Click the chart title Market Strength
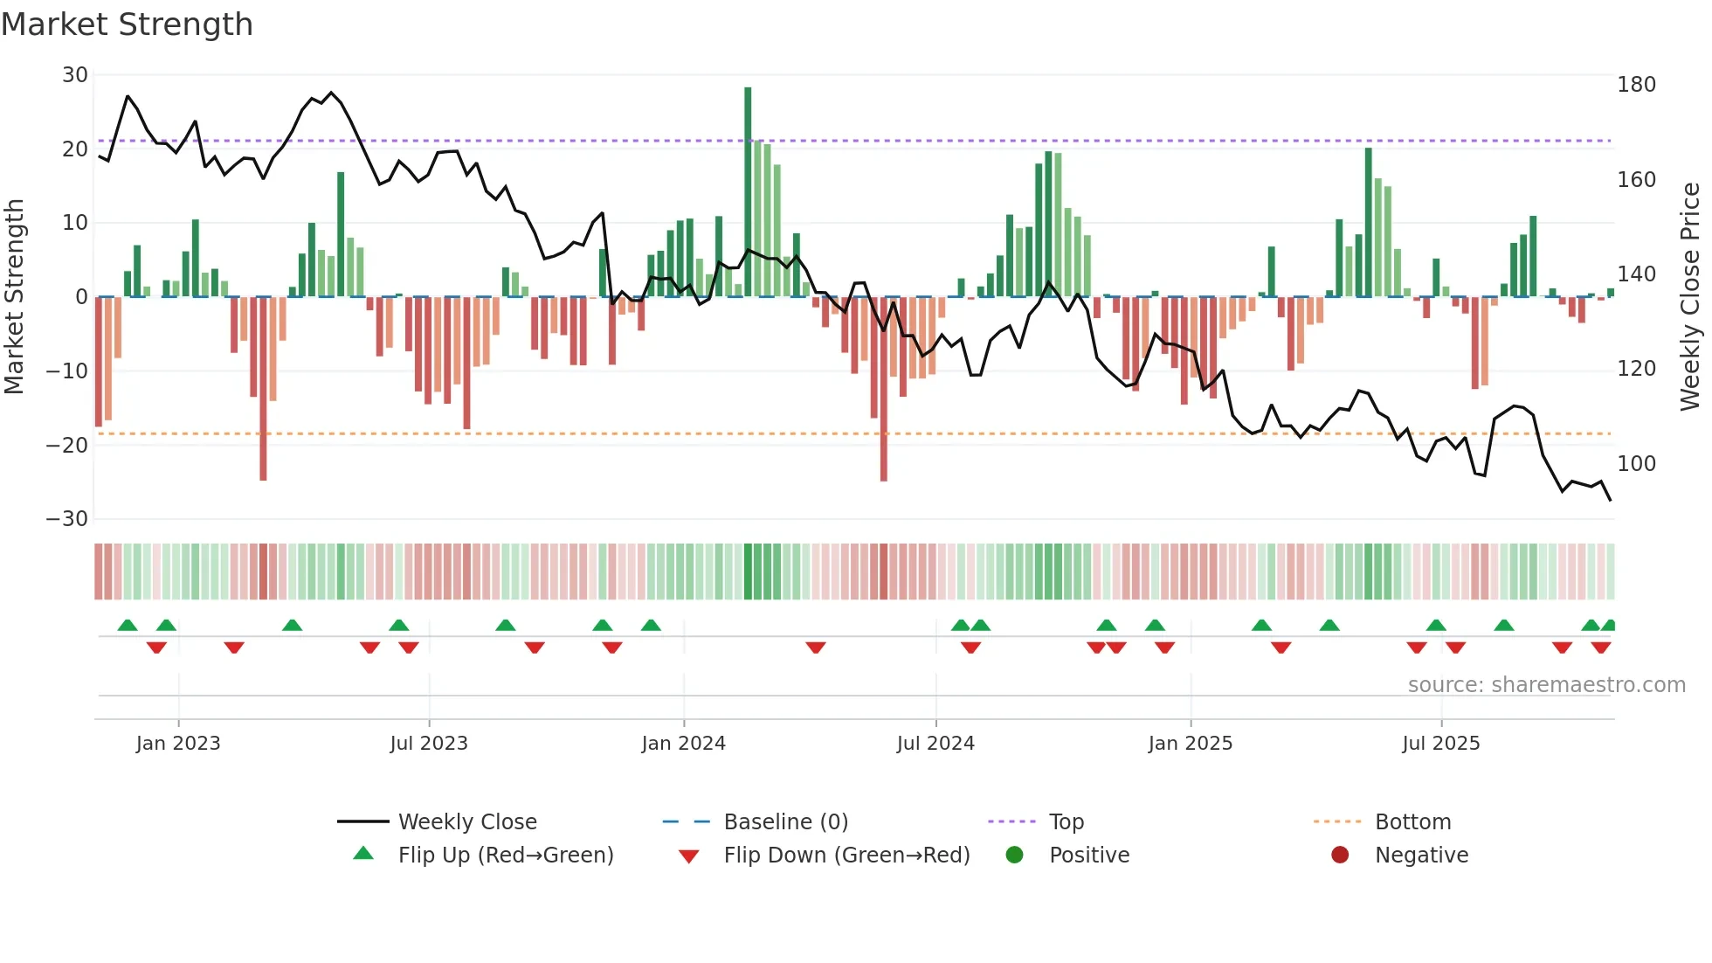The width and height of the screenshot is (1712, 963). (127, 24)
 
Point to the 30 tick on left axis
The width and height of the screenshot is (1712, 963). (75, 75)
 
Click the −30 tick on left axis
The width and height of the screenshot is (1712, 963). (67, 519)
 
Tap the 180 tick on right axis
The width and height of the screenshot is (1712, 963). (1636, 85)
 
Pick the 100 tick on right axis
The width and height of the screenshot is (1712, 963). (1636, 464)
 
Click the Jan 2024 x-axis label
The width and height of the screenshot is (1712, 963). (683, 744)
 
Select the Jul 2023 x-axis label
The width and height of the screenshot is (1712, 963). (429, 744)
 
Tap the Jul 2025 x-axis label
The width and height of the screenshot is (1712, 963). (1441, 744)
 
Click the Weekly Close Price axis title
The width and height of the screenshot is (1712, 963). (1690, 297)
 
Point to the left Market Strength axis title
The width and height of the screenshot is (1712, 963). (15, 297)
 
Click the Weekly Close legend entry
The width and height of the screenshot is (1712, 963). (467, 822)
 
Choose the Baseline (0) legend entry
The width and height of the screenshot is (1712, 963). (785, 822)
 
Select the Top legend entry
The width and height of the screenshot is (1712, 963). (1066, 822)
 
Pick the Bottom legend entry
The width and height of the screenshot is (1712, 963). (1412, 822)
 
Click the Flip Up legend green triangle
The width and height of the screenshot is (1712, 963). (363, 854)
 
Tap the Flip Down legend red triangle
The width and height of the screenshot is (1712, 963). (688, 856)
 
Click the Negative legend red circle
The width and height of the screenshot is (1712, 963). (1340, 855)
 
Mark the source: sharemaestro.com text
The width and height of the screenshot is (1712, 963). (1546, 685)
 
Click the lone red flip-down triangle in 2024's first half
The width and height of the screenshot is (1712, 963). (816, 648)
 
